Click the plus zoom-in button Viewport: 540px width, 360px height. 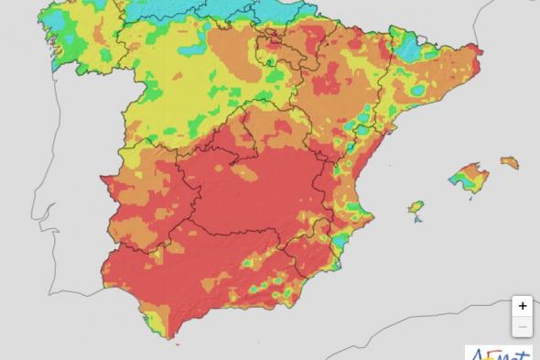coord(522,306)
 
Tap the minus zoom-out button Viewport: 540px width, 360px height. coord(522,327)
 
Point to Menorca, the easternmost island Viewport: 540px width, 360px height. coord(510,162)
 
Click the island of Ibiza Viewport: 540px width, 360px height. coord(416,208)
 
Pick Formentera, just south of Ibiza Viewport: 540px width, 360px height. coord(418,220)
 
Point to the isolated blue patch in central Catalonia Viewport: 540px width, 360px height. coord(418,90)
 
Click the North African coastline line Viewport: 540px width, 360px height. coord(275,353)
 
